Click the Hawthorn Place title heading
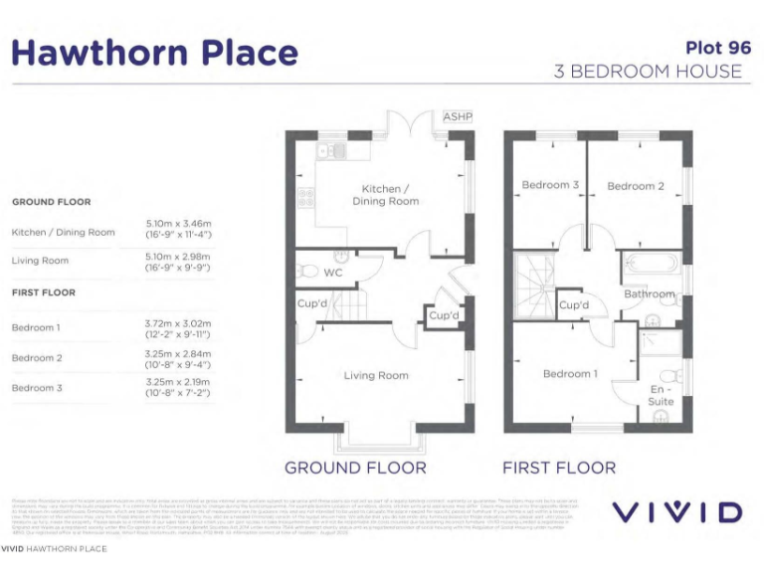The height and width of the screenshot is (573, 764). [x=154, y=53]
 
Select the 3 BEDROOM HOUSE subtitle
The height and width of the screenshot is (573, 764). [x=648, y=72]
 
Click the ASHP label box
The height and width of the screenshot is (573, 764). [x=457, y=117]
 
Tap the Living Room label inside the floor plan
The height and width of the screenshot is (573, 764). [x=376, y=375]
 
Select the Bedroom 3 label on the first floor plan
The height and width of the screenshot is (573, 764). [x=550, y=186]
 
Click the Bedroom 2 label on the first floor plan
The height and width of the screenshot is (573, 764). [x=636, y=186]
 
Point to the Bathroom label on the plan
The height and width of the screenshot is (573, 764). [x=649, y=294]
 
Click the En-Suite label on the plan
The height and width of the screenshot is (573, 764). [x=661, y=395]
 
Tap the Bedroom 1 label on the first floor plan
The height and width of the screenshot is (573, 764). [x=570, y=374]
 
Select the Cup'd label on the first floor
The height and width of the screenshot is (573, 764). [x=574, y=305]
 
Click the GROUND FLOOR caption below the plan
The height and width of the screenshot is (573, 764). [x=355, y=468]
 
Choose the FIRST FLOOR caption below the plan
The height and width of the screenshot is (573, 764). [x=558, y=468]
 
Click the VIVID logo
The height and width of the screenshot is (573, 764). [x=675, y=513]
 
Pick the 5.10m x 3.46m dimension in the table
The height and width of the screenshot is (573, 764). [x=179, y=224]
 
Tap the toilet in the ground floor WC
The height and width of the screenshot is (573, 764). [x=308, y=270]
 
